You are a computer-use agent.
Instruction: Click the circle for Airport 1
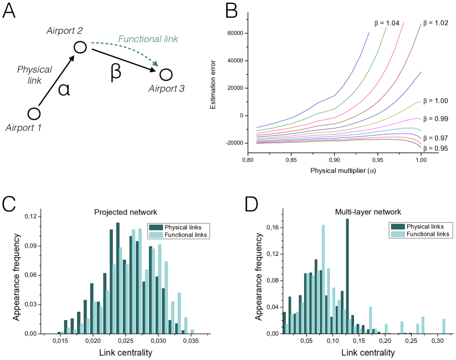pyautogui.click(x=34, y=114)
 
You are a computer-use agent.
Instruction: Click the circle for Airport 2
pyautogui.click(x=80, y=48)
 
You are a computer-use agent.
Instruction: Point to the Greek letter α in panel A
pyautogui.click(x=64, y=89)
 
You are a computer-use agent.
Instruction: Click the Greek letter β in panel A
pyautogui.click(x=116, y=73)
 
